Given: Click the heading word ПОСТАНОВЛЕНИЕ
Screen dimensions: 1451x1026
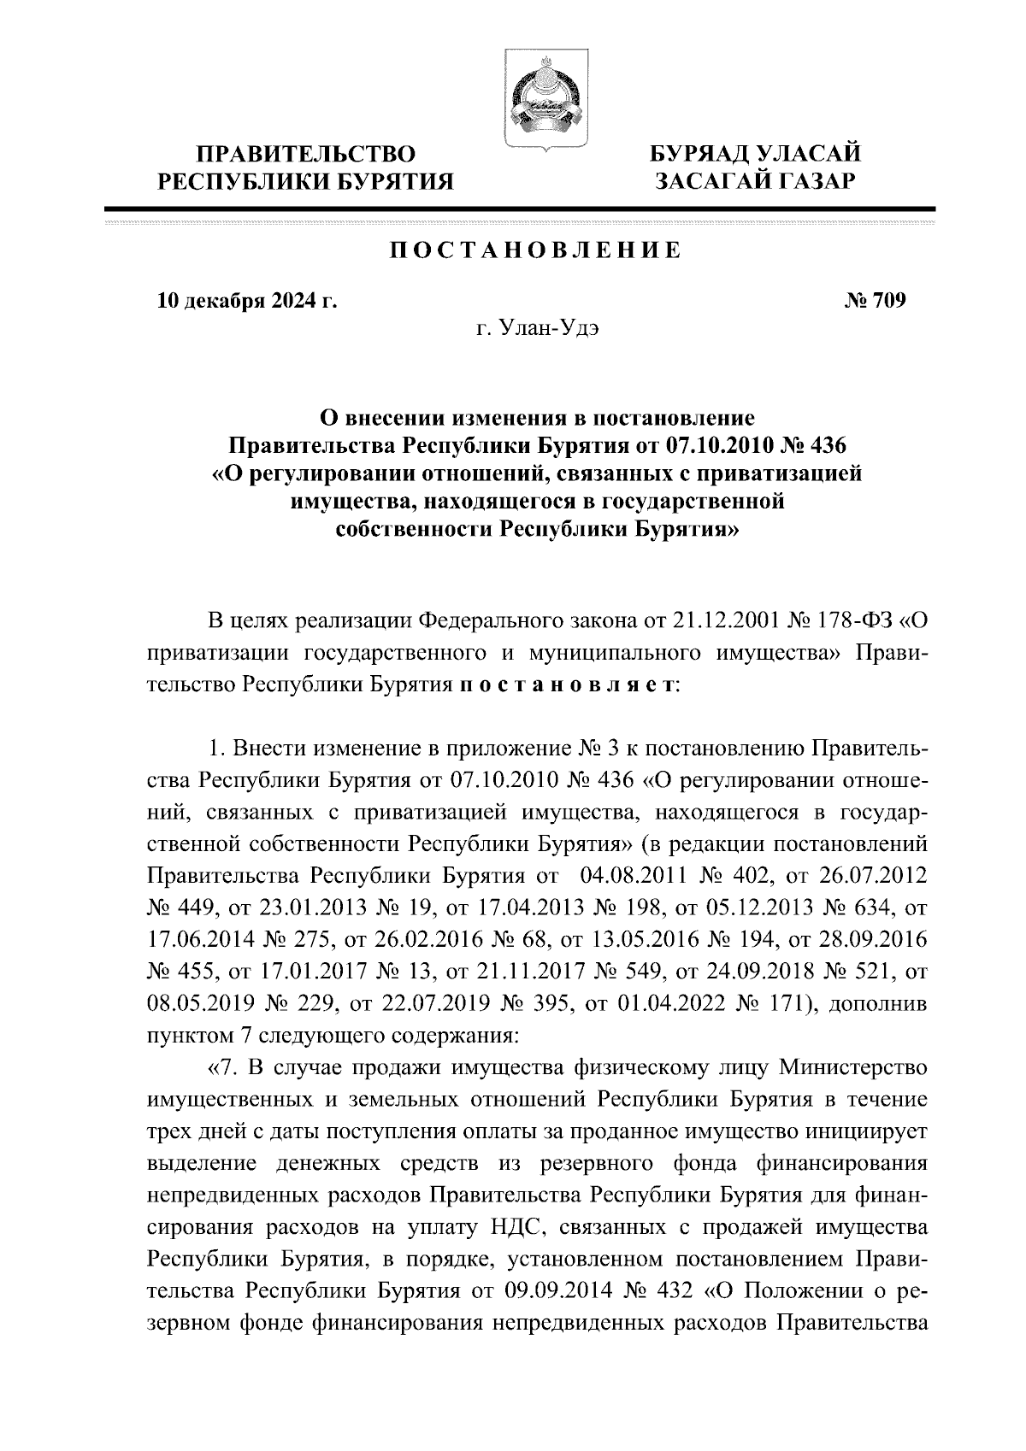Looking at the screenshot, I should (535, 250).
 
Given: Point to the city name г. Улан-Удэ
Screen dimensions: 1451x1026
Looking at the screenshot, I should (537, 331).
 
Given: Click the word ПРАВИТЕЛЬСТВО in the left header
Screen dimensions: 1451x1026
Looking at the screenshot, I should (307, 155).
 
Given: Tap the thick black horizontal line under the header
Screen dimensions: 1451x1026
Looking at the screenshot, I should (519, 209).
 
